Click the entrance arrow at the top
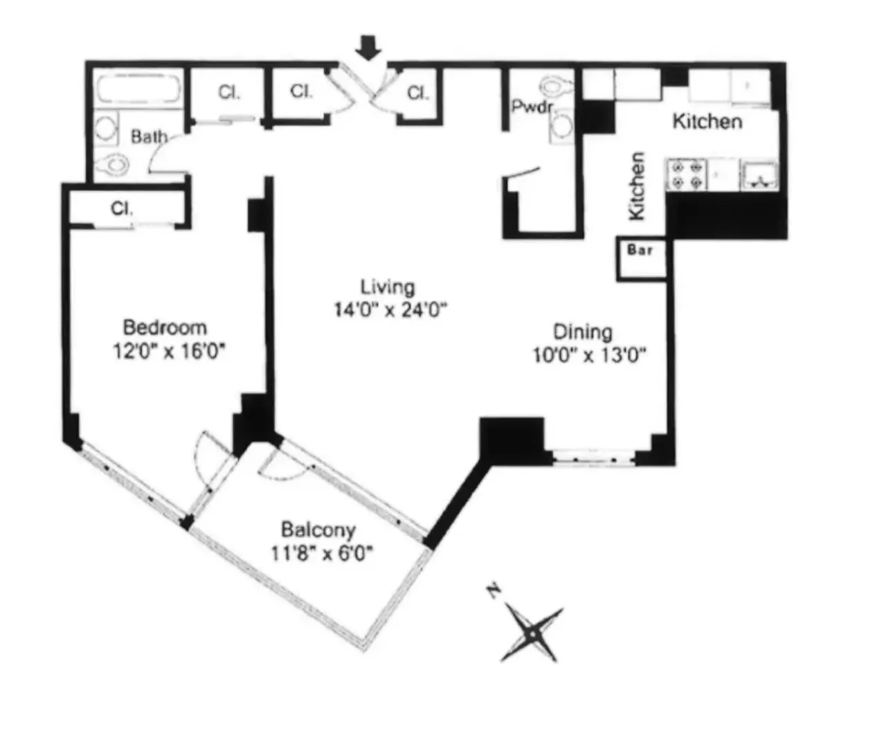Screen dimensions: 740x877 click(x=368, y=47)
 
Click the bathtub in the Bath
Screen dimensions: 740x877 click(x=138, y=90)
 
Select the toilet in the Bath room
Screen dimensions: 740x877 click(x=112, y=165)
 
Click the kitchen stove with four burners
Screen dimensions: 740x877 click(x=685, y=174)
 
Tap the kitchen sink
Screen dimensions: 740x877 click(x=759, y=174)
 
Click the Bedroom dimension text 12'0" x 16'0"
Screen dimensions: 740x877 click(x=170, y=352)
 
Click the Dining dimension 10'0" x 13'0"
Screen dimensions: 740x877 click(x=588, y=356)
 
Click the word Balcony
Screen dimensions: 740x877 click(x=318, y=530)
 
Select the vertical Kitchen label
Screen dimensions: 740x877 click(x=637, y=186)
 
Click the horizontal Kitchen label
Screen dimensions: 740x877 click(x=707, y=122)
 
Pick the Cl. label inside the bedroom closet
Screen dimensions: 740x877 click(x=122, y=208)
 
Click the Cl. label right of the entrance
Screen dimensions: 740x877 click(x=417, y=93)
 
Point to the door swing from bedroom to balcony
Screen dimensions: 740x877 click(x=209, y=457)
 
